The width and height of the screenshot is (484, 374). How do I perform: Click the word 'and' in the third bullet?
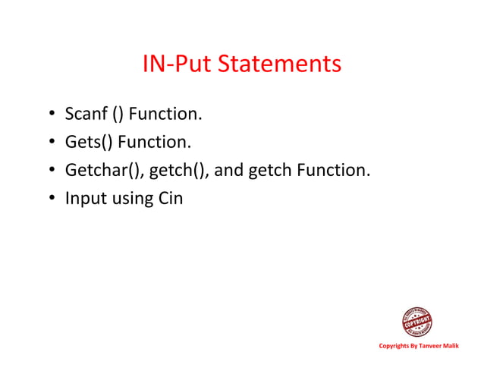click(231, 171)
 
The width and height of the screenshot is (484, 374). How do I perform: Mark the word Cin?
click(171, 199)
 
